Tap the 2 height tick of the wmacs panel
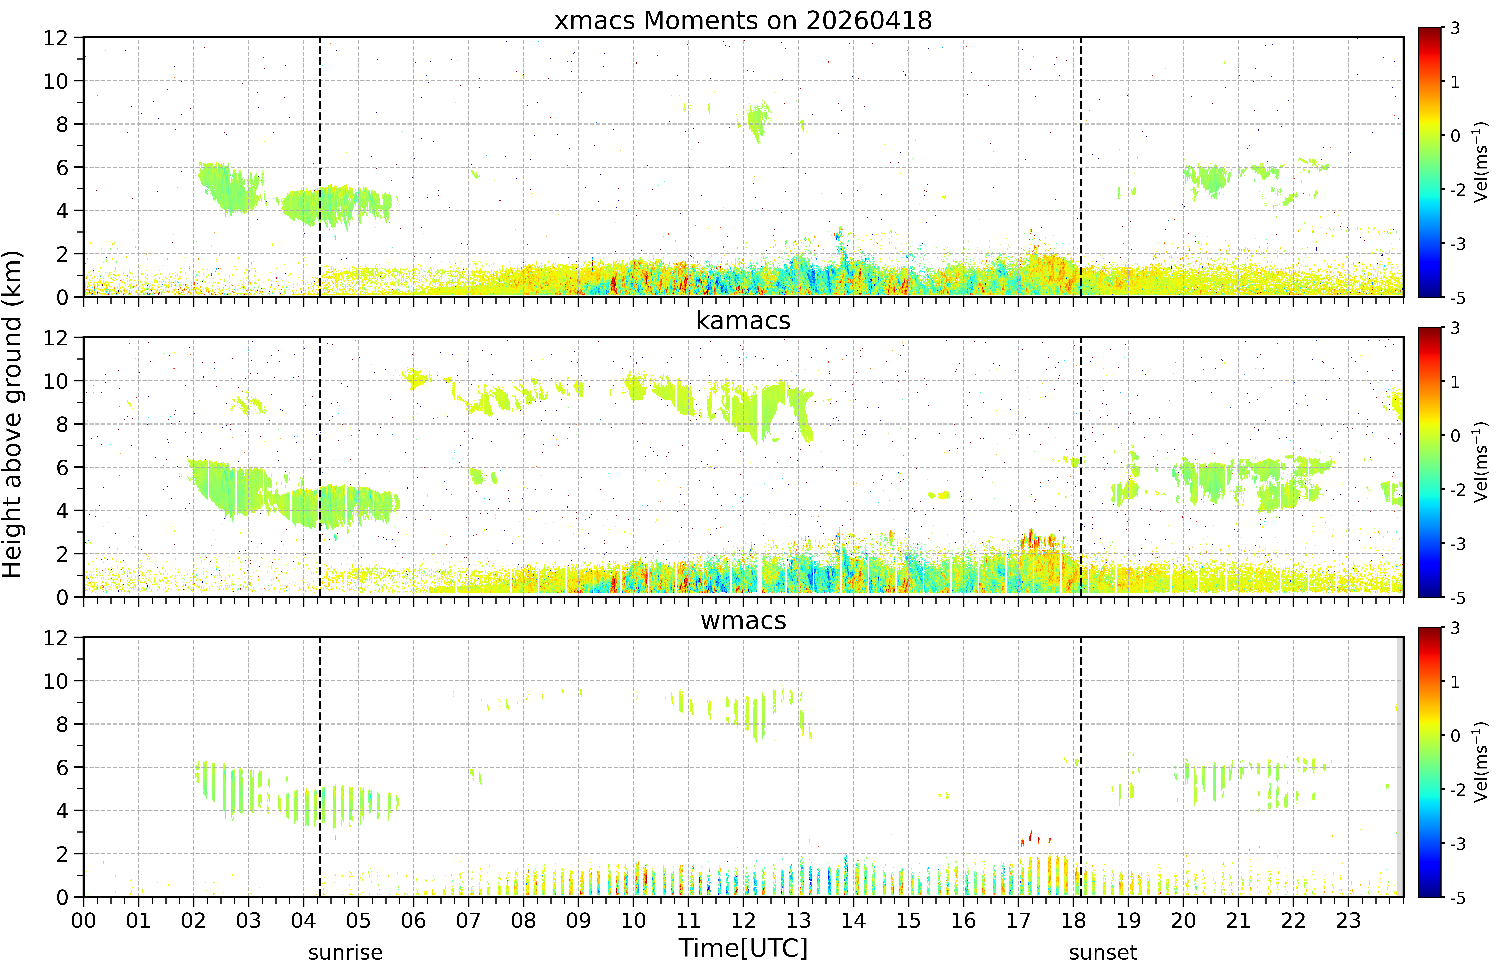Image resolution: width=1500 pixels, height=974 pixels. coord(62,854)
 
